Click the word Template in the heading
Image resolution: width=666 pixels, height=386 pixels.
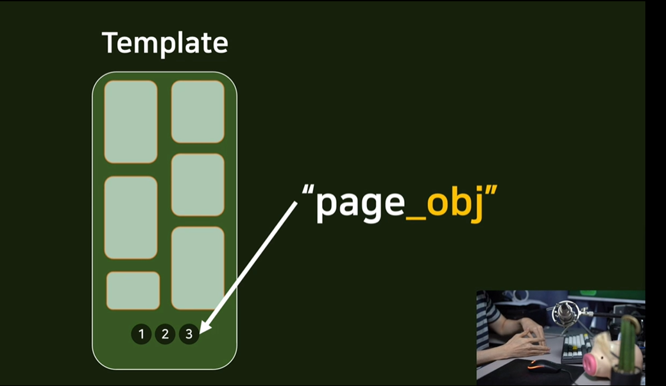pos(165,43)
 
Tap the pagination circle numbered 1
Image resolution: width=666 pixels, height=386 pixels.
pos(141,334)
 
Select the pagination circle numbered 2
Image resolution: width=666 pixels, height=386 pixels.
pos(165,334)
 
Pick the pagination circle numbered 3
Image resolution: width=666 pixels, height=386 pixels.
pos(189,334)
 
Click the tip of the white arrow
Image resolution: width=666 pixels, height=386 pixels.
pos(201,332)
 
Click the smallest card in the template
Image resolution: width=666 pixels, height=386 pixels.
pos(133,290)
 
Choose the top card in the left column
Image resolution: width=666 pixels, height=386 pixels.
pos(131,122)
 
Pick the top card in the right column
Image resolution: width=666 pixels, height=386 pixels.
pos(198,112)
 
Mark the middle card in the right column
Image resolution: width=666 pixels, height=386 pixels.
pos(198,185)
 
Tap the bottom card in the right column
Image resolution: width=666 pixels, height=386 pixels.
pos(198,267)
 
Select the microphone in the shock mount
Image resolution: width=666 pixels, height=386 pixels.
pos(565,315)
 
